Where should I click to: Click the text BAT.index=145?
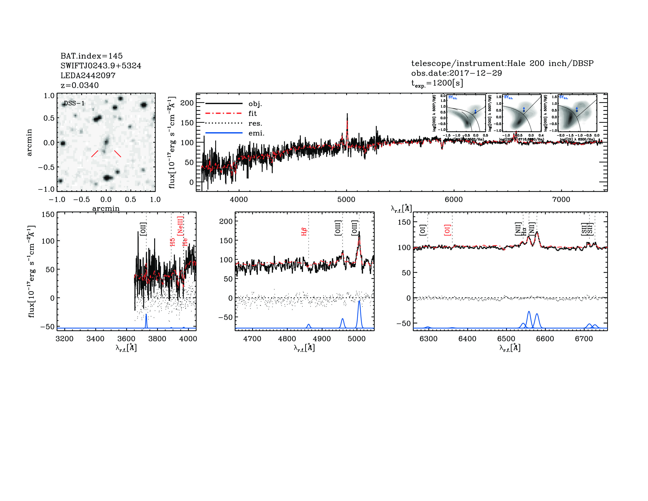coord(91,56)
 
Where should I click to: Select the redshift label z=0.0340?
coord(80,85)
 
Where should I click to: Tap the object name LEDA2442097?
coord(88,75)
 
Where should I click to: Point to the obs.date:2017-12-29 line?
coord(456,73)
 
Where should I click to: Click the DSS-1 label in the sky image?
coord(74,103)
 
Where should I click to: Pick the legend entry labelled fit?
coord(253,113)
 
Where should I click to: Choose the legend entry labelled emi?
coord(256,133)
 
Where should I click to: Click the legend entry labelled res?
coord(255,123)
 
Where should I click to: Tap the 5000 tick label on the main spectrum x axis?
coord(346,199)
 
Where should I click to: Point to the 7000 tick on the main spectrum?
coord(561,199)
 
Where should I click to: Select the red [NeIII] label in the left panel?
coord(180,226)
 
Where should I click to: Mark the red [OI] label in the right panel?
coord(447,230)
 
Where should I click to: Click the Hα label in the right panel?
coord(524,231)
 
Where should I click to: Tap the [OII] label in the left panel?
coord(143,229)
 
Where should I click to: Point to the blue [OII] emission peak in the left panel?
coord(146,315)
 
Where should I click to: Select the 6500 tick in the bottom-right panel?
coord(506,339)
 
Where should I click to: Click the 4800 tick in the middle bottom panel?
coord(287,339)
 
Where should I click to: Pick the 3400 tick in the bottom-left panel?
coord(95,339)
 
